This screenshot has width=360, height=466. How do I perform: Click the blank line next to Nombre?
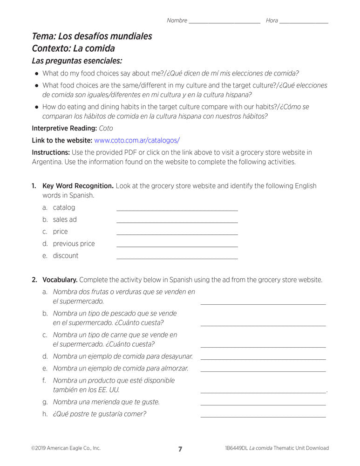coord(224,22)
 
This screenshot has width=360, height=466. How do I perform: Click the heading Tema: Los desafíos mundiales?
coord(92,36)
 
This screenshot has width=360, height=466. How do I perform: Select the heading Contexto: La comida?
coord(73,48)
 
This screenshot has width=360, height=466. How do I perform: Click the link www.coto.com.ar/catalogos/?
coord(137,140)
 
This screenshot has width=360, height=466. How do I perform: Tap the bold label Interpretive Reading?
coord(64,128)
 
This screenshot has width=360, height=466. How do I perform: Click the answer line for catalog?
coord(177,210)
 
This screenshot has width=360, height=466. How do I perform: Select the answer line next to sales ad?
coord(177,222)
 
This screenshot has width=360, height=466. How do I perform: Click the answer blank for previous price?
coord(177,246)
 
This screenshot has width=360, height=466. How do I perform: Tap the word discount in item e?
coord(66,256)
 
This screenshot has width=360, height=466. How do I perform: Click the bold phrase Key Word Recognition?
coord(78,186)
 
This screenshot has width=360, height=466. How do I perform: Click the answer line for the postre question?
coord(263,416)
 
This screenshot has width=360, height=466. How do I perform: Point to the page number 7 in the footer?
coord(180,449)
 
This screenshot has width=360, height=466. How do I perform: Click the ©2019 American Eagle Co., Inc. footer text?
coord(66,448)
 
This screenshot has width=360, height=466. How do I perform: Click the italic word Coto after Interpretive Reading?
coord(106,128)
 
